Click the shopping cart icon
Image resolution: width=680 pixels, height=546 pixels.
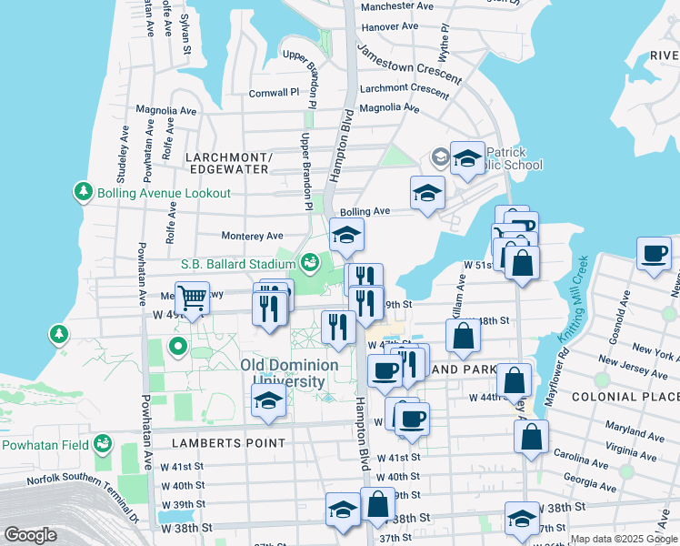click(x=192, y=298)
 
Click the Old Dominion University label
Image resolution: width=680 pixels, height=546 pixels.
click(x=289, y=373)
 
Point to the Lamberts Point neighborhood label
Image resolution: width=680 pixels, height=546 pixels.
click(x=228, y=443)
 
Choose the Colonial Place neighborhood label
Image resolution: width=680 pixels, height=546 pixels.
click(x=625, y=397)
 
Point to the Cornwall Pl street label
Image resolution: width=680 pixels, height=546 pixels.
click(x=274, y=93)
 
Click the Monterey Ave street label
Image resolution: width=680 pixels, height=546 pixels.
click(x=252, y=235)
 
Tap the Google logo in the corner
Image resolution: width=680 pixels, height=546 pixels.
click(x=30, y=534)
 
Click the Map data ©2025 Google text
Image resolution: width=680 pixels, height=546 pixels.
click(x=624, y=539)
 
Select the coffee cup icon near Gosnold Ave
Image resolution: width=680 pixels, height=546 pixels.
click(x=653, y=254)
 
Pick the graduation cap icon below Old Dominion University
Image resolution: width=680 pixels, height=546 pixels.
click(x=268, y=401)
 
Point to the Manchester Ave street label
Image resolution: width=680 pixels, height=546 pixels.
click(x=396, y=5)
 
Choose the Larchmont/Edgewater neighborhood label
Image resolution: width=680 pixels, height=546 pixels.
click(x=228, y=163)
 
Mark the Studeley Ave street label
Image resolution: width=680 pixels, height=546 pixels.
click(x=122, y=144)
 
